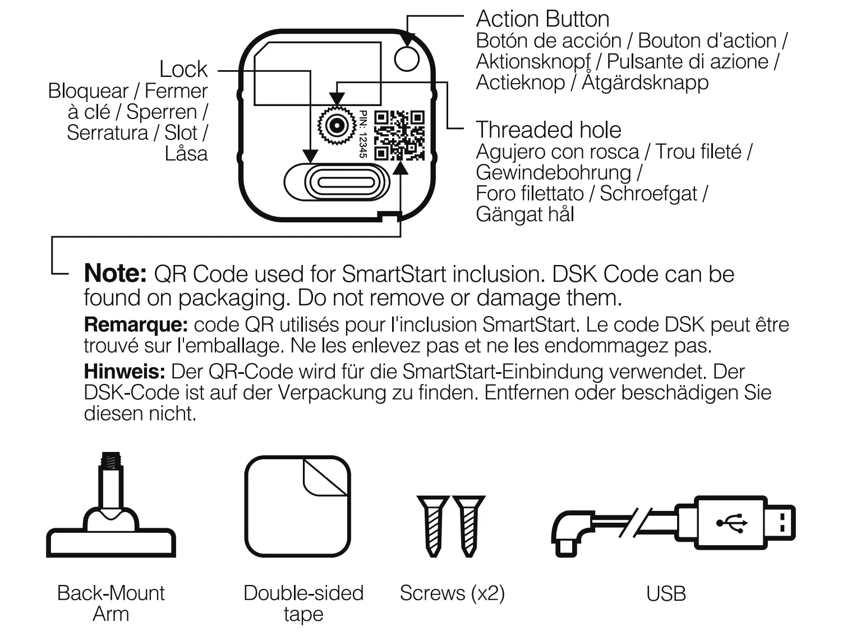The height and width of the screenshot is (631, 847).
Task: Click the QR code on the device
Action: tap(399, 135)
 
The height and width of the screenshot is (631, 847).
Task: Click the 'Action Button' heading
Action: tap(542, 19)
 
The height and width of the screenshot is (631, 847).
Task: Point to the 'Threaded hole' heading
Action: tap(548, 130)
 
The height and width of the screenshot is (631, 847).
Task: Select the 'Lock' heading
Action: tap(183, 70)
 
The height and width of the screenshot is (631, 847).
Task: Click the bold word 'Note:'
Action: tap(115, 274)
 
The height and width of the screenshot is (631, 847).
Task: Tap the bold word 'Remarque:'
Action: tap(135, 324)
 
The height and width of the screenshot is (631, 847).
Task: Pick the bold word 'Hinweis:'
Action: tap(125, 372)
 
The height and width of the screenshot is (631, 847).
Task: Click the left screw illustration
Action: tap(432, 525)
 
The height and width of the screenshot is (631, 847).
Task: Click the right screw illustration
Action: tap(468, 525)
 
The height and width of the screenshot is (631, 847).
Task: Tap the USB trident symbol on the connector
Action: tap(732, 523)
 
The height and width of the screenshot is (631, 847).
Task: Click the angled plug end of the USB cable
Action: tap(568, 533)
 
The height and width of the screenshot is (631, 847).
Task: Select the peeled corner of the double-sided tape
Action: tap(324, 477)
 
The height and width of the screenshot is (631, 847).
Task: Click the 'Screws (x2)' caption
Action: tap(452, 593)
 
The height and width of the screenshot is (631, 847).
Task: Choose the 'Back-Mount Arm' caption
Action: tap(111, 603)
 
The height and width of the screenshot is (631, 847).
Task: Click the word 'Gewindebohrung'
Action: tap(553, 172)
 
